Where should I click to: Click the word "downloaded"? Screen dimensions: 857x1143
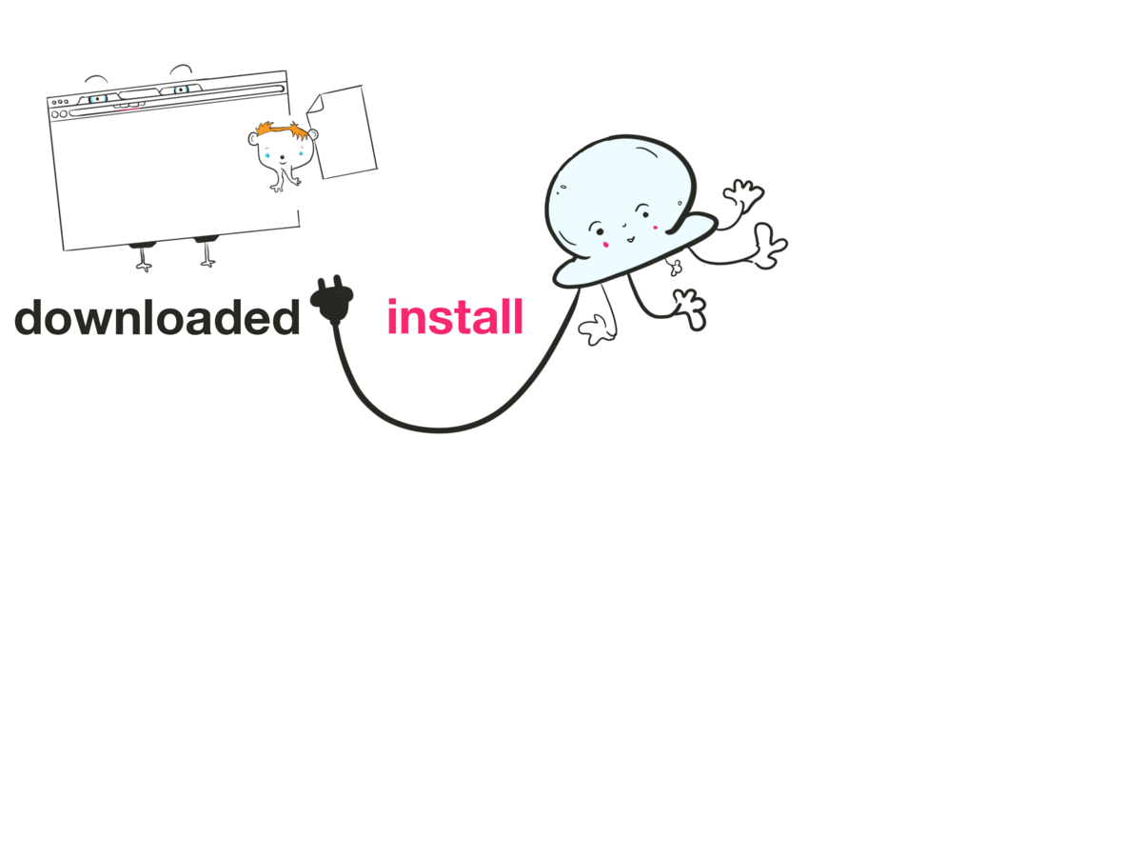coord(157,318)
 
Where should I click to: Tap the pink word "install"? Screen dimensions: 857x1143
coord(455,317)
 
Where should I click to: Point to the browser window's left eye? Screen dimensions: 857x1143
coord(97,99)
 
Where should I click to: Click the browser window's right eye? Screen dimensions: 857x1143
coord(181,90)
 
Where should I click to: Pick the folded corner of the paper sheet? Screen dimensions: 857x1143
coord(315,102)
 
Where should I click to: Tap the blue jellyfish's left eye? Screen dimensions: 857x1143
coord(600,230)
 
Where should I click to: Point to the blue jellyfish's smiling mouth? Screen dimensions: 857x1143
coord(624,235)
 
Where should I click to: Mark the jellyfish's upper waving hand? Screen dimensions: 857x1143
coord(744,195)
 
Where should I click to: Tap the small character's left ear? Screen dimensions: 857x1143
coord(254,139)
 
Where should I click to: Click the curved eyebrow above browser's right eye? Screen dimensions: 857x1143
coord(181,69)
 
